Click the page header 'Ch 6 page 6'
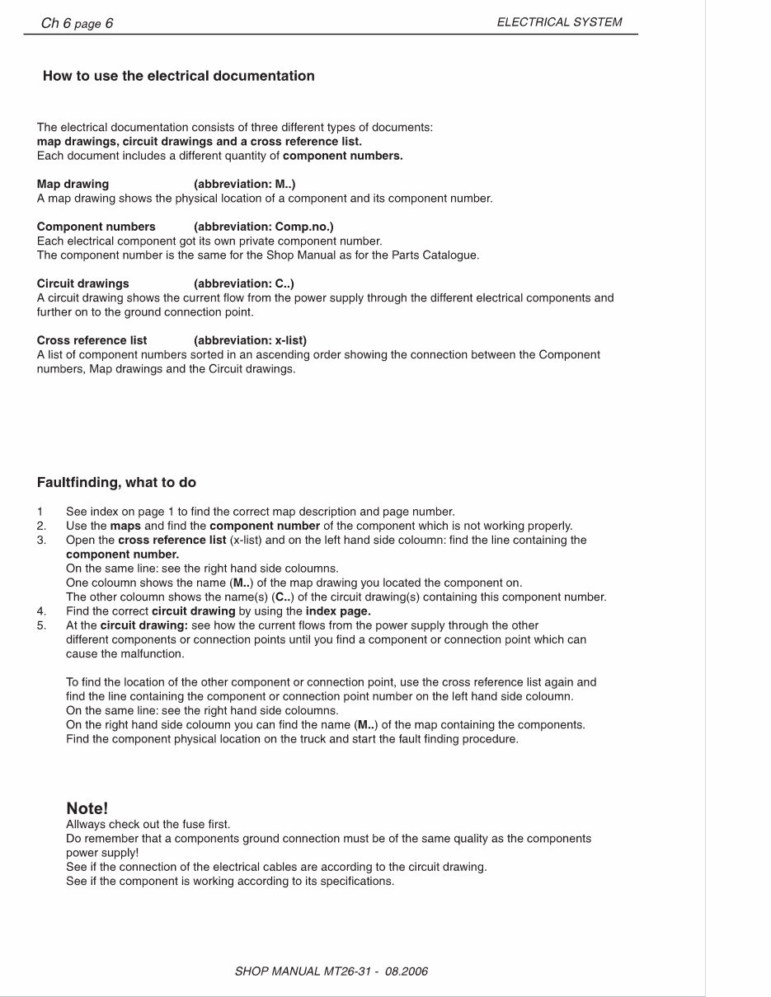click(77, 23)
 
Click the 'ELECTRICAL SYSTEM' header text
click(559, 22)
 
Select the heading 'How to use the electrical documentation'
click(178, 76)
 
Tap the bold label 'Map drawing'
click(73, 184)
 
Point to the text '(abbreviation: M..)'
click(244, 184)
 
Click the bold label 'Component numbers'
click(96, 227)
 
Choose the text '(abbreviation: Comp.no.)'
click(263, 227)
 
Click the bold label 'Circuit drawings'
click(82, 283)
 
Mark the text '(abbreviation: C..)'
click(243, 283)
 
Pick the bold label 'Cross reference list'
click(92, 340)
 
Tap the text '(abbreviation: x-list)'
click(250, 340)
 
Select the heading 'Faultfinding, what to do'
click(116, 483)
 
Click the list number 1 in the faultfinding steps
click(40, 512)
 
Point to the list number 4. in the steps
click(41, 611)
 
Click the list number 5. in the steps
click(41, 625)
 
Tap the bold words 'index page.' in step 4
click(338, 611)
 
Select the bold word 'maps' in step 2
click(125, 526)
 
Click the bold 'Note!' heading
click(87, 808)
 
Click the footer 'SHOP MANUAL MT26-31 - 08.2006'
click(331, 971)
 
